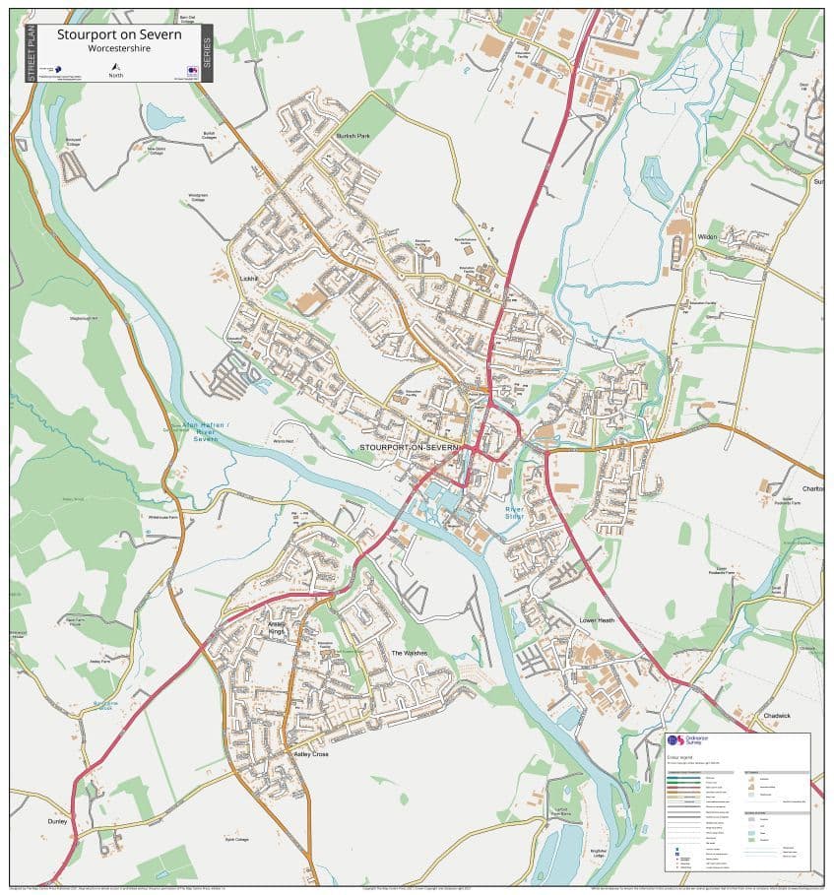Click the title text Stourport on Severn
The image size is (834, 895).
coord(118,34)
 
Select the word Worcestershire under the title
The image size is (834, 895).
coord(118,47)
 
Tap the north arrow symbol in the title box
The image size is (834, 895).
coord(116,65)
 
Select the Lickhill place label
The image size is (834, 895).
coord(247,279)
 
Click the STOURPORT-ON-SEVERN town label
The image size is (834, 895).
coord(409,447)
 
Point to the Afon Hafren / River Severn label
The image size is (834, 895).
coord(205,431)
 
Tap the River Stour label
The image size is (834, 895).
coord(510,512)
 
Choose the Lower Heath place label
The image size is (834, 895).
coord(597,620)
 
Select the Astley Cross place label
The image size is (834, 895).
coord(311,753)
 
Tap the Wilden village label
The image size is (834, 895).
coord(706,236)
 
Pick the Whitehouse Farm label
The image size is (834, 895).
coord(163,517)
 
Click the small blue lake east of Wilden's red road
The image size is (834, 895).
coord(655,177)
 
